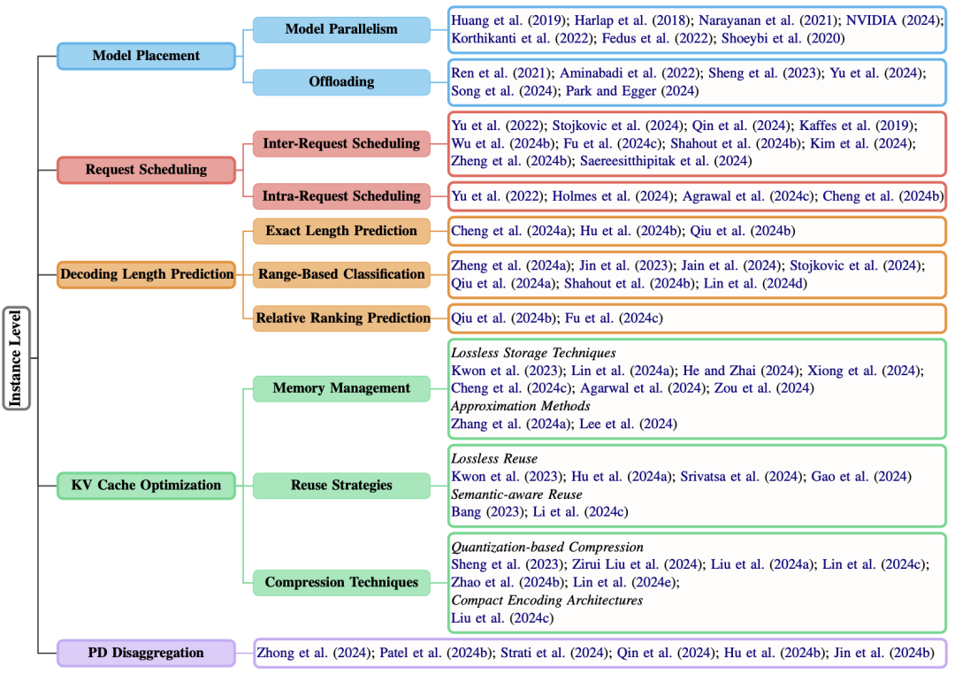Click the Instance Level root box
tap(17, 358)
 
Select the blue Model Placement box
tap(146, 56)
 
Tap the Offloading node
tap(341, 81)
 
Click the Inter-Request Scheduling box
tap(341, 143)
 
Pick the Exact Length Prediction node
tap(341, 231)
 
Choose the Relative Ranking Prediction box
tap(342, 318)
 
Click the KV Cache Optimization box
tap(146, 485)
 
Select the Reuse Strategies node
tap(341, 485)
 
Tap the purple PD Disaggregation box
tap(146, 653)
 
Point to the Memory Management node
tap(341, 387)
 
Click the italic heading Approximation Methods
tap(521, 406)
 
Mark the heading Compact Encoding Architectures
tap(546, 600)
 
